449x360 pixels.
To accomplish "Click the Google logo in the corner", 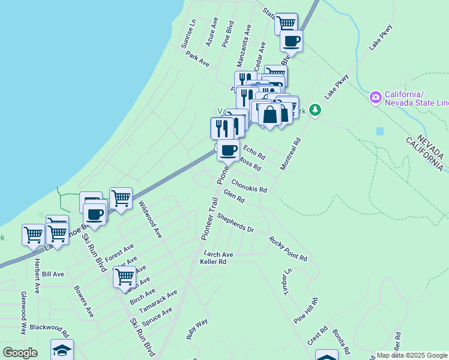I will tap(20, 353).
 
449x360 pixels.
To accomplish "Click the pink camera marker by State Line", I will tap(376, 97).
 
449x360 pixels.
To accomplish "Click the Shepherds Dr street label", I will tap(235, 223).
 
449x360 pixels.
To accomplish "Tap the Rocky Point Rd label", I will tap(288, 248).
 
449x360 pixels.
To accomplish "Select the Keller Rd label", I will tap(213, 262).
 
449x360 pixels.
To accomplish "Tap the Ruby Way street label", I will tap(197, 330).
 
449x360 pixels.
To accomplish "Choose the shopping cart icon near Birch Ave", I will tap(124, 277).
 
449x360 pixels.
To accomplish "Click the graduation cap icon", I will tap(62, 350).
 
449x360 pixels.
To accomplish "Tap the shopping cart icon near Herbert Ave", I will tap(32, 233).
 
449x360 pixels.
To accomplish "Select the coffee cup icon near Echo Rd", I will tap(228, 150).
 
